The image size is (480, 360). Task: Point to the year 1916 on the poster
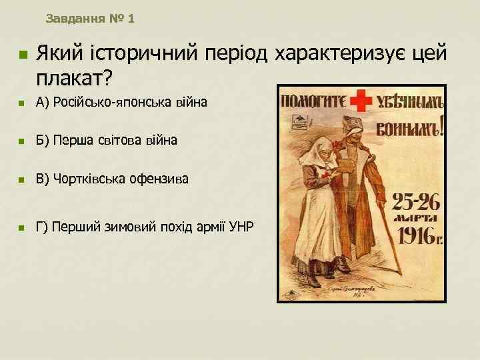418,234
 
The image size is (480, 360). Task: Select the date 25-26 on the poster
417,199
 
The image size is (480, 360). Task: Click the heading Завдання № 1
90,19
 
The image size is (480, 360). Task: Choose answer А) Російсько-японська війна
122,103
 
